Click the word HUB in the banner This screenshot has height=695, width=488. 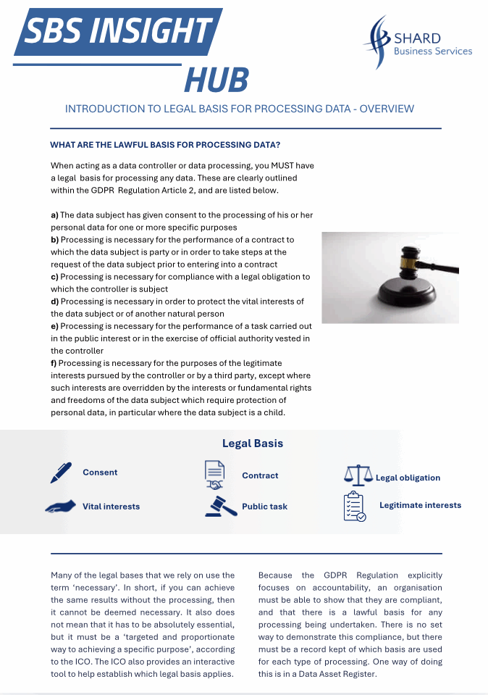point(216,80)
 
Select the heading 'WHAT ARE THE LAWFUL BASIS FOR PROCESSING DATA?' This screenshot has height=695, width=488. point(165,144)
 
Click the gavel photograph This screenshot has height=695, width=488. point(390,278)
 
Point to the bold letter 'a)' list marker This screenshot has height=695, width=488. point(54,215)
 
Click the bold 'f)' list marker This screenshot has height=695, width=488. point(54,363)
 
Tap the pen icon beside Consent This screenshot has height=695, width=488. point(61,473)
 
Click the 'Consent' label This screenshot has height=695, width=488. point(100,473)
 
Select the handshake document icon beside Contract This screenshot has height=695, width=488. point(214,475)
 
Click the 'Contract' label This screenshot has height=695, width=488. point(260,476)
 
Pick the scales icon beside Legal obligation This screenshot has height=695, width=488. point(358,476)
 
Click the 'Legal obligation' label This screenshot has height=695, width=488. point(408,478)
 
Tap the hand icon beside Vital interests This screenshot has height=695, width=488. point(61,507)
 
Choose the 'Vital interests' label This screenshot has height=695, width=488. point(111,507)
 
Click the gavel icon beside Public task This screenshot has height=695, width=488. point(221,506)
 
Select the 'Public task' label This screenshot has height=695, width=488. point(264,507)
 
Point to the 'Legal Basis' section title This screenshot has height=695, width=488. point(253,444)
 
